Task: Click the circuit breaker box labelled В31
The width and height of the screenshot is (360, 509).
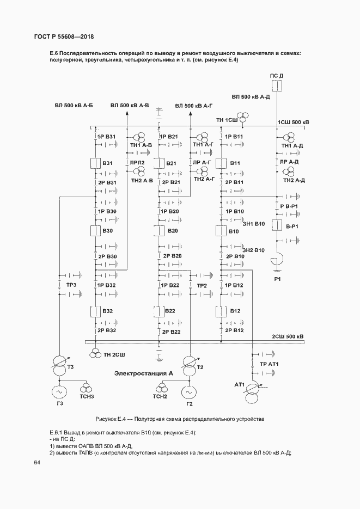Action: pos(95,163)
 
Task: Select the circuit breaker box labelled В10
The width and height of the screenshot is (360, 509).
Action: pos(221,231)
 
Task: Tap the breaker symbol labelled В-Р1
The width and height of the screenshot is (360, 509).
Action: pos(277,225)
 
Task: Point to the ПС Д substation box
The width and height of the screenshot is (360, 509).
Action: pos(277,86)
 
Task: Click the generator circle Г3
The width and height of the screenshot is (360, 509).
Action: pos(59,392)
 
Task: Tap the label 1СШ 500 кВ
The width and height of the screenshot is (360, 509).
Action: pos(294,122)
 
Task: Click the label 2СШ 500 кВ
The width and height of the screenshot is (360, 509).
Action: pos(288,336)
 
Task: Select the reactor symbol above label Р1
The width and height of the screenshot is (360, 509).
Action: pos(277,261)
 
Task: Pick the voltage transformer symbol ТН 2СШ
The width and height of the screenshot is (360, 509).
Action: pos(95,353)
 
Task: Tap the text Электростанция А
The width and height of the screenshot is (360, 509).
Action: pos(143,373)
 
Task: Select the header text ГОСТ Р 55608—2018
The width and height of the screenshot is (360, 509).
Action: pos(64,36)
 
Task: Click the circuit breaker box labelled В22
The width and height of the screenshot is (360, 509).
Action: pos(158,311)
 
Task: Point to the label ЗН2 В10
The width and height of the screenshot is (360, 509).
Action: pos(254,250)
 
